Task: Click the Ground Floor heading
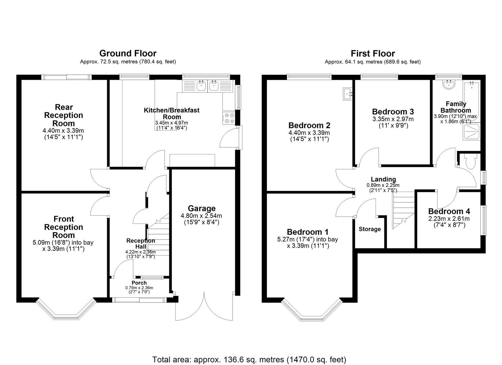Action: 128,53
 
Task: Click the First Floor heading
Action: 373,53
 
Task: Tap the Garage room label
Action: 202,209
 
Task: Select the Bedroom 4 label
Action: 449,211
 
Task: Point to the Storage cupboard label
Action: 370,229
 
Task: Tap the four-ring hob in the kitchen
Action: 229,118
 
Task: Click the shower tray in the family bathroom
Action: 472,131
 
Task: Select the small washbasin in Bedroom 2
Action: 348,93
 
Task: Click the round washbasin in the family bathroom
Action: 449,85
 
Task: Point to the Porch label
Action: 139,283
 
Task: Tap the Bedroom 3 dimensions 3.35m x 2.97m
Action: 393,119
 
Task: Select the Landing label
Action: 383,179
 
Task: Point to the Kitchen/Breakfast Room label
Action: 172,113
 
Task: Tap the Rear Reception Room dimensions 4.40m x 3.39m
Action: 63,131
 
